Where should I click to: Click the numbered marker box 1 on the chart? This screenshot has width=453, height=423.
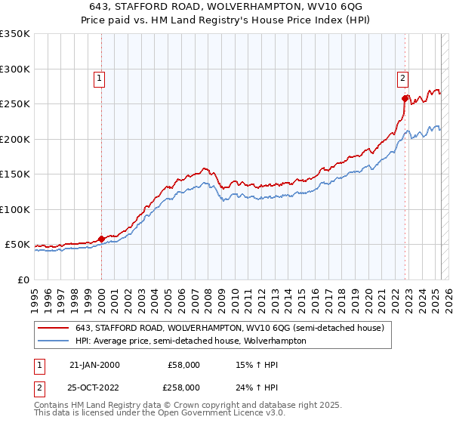pos(100,76)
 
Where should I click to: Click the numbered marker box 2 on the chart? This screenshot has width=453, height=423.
pos(403,76)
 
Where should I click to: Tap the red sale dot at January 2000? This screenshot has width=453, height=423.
pos(101,239)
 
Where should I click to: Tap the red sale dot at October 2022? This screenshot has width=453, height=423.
pos(405,98)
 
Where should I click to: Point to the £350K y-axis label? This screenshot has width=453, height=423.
pos(14,34)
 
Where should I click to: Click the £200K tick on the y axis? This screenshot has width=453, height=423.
pos(14,139)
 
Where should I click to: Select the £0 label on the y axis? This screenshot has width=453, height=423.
pos(23,279)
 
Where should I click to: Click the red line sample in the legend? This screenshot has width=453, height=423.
pos(54,328)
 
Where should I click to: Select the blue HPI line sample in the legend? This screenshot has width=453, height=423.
pos(54,341)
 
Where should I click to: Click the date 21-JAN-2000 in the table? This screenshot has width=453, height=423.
pos(94,365)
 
